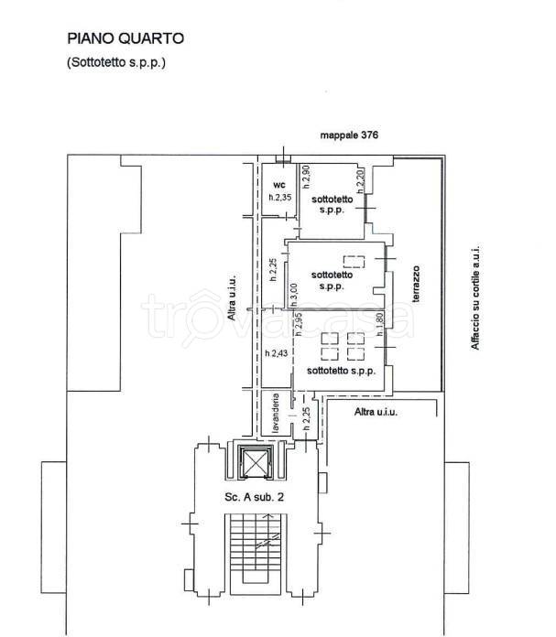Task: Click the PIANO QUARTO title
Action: pos(125,38)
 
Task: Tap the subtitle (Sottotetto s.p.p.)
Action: pos(116,62)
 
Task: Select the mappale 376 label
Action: pos(349,135)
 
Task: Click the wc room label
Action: pos(279,185)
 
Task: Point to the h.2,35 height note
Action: pos(280,198)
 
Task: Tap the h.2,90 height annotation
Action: pos(306,177)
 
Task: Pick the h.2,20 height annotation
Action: pos(361,181)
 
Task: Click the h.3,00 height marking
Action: pos(294,296)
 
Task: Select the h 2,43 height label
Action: pos(277,353)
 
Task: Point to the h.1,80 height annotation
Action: pos(380,324)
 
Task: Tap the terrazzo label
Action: pos(416,284)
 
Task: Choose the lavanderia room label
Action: pos(276,413)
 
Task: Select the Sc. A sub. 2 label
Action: pos(255,497)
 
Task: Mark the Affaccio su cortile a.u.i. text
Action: pos(475,297)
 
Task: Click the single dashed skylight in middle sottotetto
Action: pos(354,262)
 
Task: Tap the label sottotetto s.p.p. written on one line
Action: pos(341,371)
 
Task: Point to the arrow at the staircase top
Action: pos(267,518)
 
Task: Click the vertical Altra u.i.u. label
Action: pos(232,297)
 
